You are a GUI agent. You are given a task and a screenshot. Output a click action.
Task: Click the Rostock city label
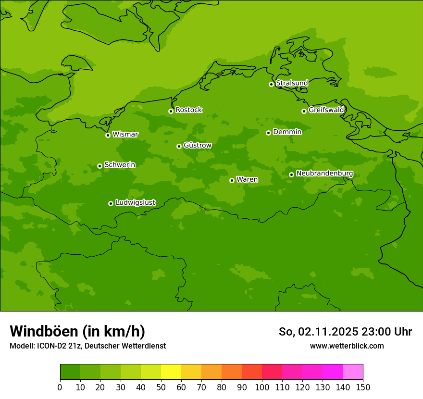point(188,110)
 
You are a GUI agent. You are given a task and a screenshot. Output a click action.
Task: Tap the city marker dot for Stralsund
point(271,84)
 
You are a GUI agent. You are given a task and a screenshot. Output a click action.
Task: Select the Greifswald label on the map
point(326,110)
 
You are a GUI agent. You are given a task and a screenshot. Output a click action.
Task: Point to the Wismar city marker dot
point(108,135)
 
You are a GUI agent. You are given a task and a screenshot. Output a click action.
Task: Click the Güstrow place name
point(197,145)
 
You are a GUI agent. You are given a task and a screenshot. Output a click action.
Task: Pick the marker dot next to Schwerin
point(100,166)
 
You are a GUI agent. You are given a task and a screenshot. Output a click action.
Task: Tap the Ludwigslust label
point(135,203)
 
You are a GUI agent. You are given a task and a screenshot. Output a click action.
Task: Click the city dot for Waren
point(232,180)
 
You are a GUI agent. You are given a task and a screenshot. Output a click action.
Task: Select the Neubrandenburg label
point(324,174)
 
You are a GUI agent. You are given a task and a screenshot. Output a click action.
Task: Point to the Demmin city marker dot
point(268,133)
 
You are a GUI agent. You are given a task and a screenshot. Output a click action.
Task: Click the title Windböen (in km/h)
point(77,331)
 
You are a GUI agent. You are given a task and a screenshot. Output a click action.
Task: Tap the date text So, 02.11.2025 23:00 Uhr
point(345,332)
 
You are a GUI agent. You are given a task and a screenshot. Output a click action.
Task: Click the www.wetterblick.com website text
point(347,346)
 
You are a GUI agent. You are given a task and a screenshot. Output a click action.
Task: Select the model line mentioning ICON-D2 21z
point(87,346)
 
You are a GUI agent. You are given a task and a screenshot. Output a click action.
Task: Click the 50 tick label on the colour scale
point(161,387)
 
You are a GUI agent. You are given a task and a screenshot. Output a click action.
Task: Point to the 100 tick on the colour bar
point(262,387)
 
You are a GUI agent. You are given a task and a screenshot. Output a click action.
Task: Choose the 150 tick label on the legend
point(363,387)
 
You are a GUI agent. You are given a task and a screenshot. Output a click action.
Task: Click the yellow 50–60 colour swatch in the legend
point(171,372)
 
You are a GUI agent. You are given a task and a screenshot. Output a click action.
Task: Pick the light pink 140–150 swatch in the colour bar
point(353,372)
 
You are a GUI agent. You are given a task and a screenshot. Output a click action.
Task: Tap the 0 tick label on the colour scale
point(60,387)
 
